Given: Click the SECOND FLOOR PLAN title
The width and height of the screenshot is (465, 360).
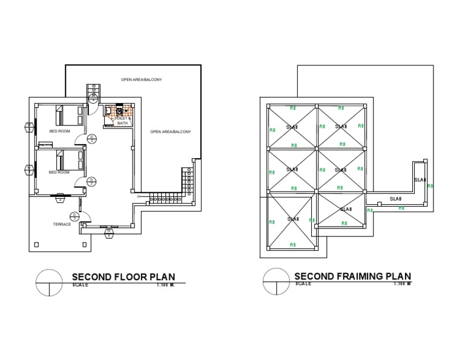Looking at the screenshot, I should [x=127, y=278].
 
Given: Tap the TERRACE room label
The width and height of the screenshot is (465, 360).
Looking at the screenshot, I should [x=62, y=224].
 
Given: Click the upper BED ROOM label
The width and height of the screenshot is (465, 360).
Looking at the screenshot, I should [x=59, y=131].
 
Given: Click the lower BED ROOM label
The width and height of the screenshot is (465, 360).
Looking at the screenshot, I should [x=59, y=173].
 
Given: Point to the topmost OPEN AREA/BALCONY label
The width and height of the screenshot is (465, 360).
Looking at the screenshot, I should [x=141, y=79].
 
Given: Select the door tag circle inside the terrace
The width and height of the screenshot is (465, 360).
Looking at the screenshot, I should [x=74, y=216].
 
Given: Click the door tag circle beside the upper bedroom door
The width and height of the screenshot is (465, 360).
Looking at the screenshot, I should [x=91, y=139].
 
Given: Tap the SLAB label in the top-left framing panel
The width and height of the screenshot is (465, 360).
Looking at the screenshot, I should [x=292, y=127].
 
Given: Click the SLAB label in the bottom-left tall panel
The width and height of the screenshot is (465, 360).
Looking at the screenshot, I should [x=293, y=219].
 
